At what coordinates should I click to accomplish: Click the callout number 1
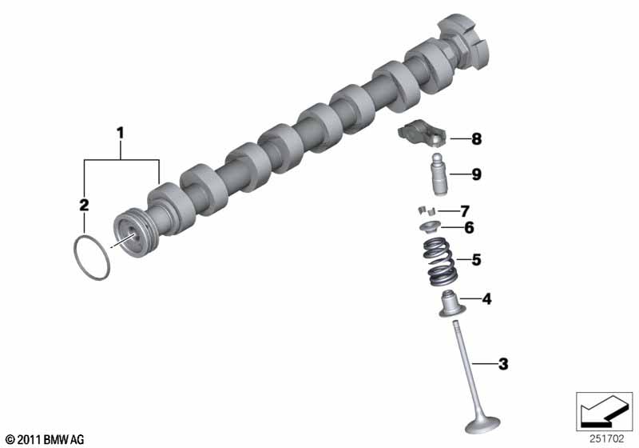click(x=121, y=133)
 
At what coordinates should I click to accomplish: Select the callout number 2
click(x=84, y=205)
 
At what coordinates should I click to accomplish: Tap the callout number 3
click(x=503, y=364)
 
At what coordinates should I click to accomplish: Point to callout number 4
click(x=486, y=299)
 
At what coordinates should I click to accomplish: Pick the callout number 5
click(x=476, y=259)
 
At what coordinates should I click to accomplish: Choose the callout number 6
click(x=470, y=228)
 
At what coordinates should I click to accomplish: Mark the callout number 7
click(x=465, y=211)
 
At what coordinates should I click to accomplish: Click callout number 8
click(x=476, y=139)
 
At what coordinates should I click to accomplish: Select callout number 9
click(x=476, y=174)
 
